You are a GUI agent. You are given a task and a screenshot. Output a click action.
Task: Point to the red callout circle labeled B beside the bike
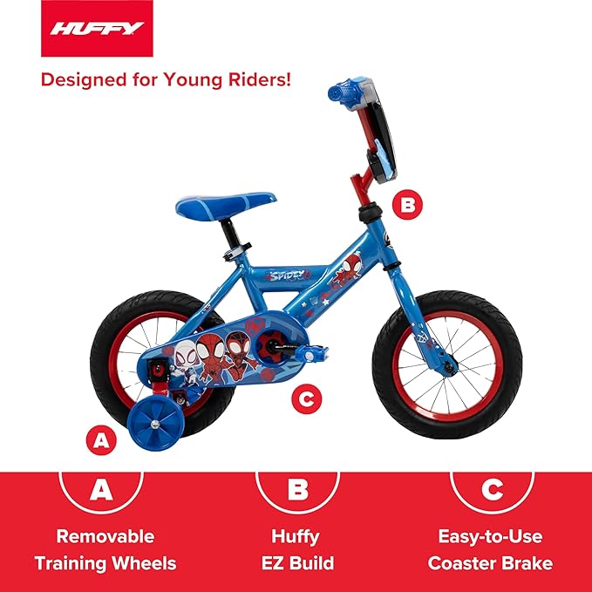click(x=407, y=207)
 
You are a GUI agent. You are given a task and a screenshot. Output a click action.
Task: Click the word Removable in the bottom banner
click(x=105, y=536)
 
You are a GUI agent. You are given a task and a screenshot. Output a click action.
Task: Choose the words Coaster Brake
click(x=490, y=562)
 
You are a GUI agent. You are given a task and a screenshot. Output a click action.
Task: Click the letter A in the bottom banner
click(x=103, y=490)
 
